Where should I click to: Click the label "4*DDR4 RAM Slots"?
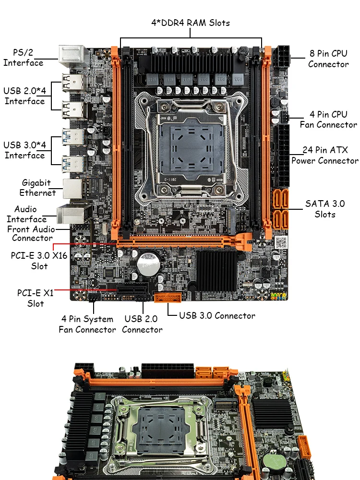pos(191,23)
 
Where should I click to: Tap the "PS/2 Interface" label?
pos(23,58)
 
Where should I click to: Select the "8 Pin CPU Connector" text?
pos(328,59)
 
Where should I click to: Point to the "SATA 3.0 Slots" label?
pos(325,209)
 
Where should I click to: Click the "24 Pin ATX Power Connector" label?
pos(325,155)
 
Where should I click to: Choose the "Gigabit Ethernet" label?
pos(37,188)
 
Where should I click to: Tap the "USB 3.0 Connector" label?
pos(217,316)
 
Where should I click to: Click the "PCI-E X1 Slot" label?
pos(35,298)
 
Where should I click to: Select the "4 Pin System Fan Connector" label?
pos(87,324)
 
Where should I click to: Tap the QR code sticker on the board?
pos(281,242)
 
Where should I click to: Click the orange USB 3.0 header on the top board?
pos(168,297)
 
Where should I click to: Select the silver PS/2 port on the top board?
pos(72,57)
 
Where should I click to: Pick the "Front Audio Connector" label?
pos(31,234)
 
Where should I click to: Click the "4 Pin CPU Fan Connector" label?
pos(328,120)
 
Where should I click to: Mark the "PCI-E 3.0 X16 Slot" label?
pos(39,261)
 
